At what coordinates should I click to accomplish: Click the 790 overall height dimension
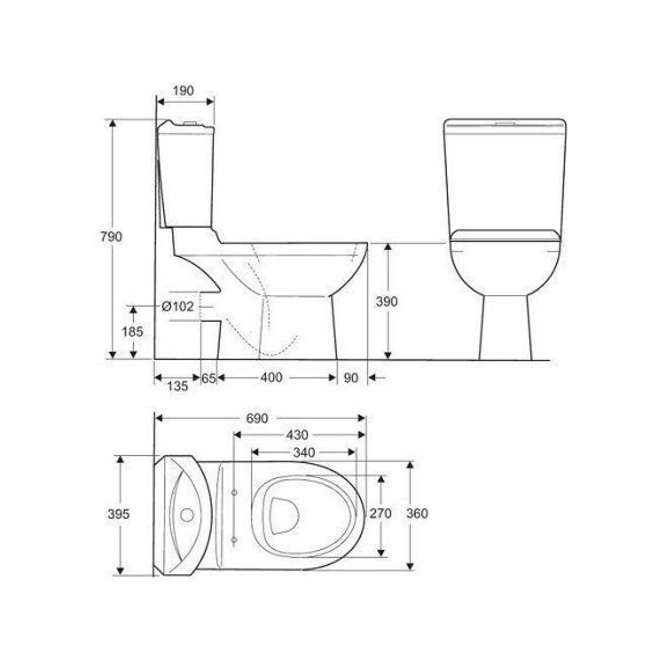[x=111, y=237]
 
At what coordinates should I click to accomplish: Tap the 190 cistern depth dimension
[x=183, y=91]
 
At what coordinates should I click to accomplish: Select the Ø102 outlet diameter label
[x=177, y=306]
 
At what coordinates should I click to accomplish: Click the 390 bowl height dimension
[x=387, y=302]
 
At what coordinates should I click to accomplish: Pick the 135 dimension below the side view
[x=177, y=386]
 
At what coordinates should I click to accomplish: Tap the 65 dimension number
[x=208, y=378]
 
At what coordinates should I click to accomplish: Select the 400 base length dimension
[x=271, y=378]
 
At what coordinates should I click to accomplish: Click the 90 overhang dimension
[x=351, y=378]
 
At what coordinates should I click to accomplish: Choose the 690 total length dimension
[x=257, y=418]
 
